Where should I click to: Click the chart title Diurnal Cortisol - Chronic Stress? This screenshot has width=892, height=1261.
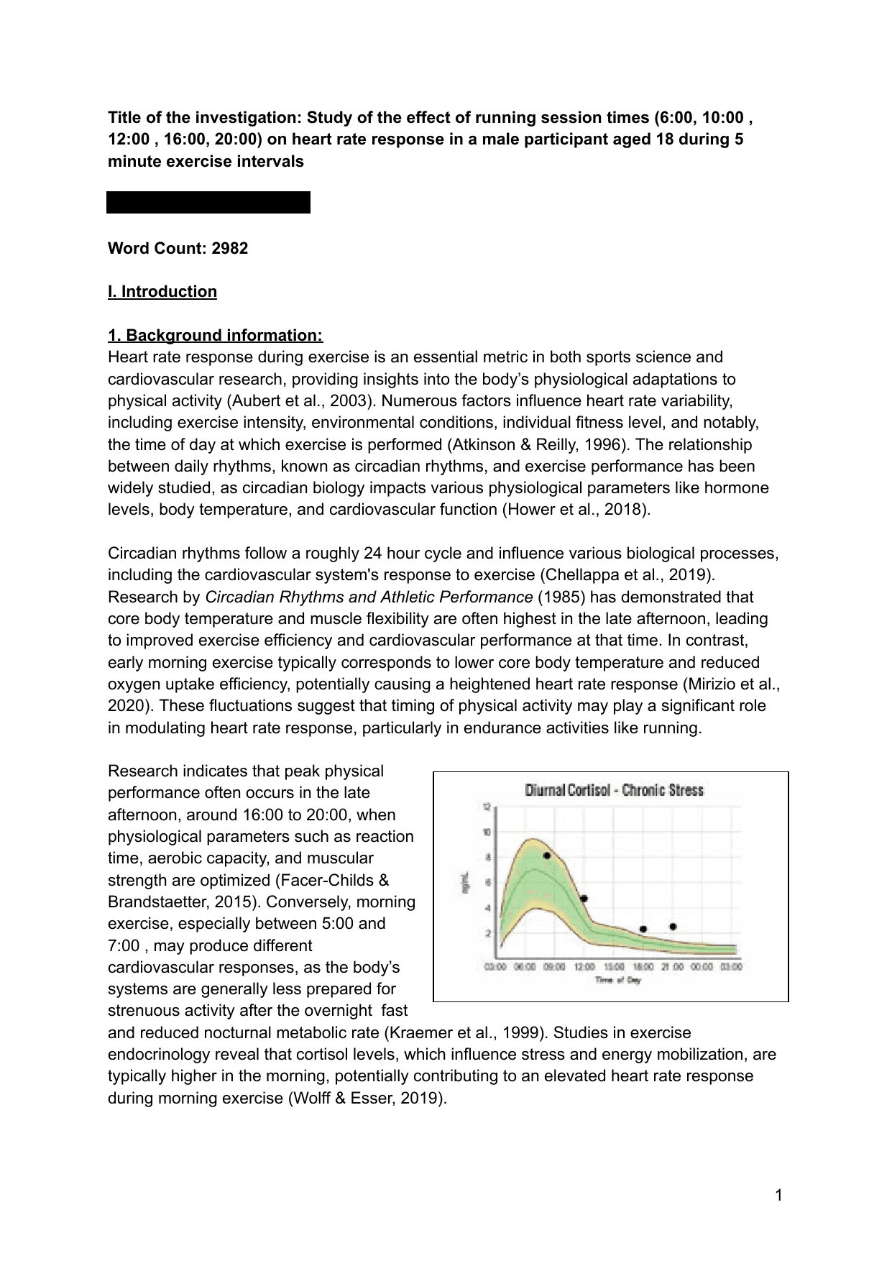click(614, 790)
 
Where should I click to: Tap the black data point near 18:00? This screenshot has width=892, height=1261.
click(643, 929)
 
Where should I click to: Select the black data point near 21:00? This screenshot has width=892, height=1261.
click(673, 927)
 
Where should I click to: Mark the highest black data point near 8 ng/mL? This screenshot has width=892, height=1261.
click(547, 856)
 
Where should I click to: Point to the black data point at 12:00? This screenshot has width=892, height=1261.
click(584, 899)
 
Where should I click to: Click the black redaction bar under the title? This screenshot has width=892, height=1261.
click(208, 202)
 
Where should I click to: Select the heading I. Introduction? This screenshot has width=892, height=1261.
click(162, 292)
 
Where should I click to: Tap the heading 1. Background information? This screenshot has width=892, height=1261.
click(215, 336)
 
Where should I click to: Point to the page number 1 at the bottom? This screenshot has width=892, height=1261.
click(778, 1196)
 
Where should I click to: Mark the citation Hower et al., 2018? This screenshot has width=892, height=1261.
click(575, 510)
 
